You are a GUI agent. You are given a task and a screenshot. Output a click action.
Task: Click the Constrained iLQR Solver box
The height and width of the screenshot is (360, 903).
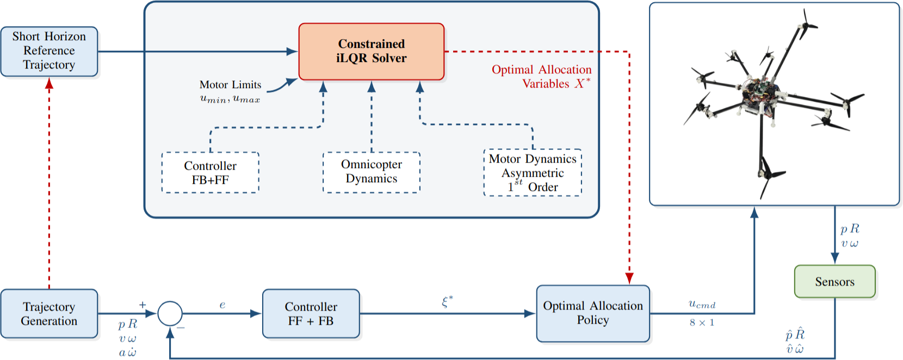[x=372, y=52]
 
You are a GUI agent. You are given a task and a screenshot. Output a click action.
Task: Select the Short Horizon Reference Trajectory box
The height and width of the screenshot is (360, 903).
[x=49, y=51]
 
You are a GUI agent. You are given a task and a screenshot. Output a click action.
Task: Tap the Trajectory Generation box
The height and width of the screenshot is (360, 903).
[x=49, y=314]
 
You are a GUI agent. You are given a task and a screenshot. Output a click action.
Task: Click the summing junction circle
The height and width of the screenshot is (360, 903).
[x=170, y=314]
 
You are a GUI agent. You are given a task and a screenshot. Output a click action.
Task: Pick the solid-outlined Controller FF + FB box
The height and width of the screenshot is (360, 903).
[x=311, y=314]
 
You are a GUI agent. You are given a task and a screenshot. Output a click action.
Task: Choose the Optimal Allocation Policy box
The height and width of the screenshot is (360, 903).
[x=593, y=313]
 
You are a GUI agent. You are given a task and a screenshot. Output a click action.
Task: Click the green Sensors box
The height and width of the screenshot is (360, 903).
[x=834, y=282]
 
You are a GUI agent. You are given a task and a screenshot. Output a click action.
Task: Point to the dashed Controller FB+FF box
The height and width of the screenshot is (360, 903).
[x=211, y=172]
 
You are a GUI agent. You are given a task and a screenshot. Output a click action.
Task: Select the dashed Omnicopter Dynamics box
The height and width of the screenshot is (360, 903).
[x=372, y=172]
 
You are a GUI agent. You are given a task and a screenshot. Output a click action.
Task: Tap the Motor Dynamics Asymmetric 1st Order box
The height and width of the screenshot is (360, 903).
[x=533, y=172]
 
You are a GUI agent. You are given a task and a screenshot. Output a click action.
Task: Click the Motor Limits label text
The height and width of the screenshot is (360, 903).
[x=230, y=85]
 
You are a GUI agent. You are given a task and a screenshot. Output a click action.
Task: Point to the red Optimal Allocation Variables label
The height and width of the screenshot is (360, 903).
[x=541, y=77]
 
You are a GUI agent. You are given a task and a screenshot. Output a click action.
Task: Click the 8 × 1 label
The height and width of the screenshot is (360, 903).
[x=702, y=322]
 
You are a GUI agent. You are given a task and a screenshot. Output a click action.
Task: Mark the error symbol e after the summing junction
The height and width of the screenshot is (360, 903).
[x=222, y=305]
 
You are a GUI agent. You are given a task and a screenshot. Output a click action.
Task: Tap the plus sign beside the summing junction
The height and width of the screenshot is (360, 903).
[x=143, y=305]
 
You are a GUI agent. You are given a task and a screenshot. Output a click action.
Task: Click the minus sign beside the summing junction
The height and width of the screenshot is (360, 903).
[x=181, y=327]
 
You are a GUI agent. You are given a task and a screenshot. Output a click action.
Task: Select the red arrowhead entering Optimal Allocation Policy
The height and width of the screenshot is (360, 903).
[x=629, y=279]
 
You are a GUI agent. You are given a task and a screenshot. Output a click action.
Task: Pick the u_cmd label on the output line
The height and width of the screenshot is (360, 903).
[x=702, y=305]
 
